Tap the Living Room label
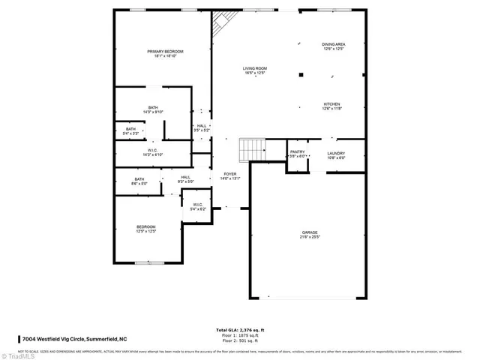coord(254,70)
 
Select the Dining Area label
coord(334,46)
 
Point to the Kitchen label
coord(332,106)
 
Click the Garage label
coord(310,235)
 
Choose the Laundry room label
coord(335,155)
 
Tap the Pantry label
coord(298,154)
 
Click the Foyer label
coord(229,176)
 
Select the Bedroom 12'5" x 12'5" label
coord(145,229)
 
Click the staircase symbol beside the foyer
coord(252,150)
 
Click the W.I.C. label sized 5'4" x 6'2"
coord(198,206)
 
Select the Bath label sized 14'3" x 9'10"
coord(153,109)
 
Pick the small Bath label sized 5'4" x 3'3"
coord(131,131)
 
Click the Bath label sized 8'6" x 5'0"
coord(139,181)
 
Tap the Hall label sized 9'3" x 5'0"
coord(185,178)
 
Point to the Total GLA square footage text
coord(240,330)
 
